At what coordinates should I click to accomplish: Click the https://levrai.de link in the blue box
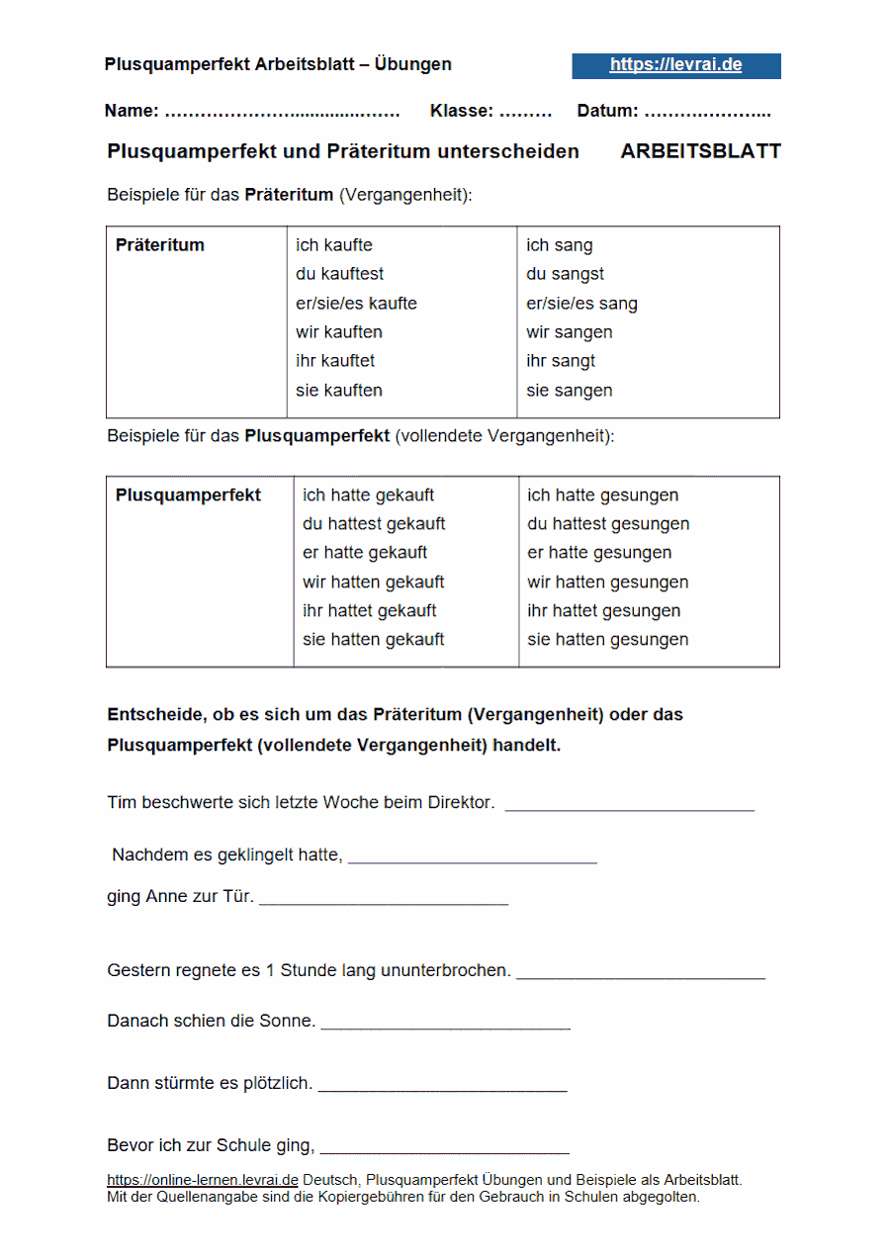[x=675, y=65]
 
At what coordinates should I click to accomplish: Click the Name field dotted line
[x=282, y=113]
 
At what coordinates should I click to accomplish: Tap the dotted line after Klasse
[x=525, y=113]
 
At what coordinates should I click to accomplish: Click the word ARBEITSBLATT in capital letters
[x=700, y=152]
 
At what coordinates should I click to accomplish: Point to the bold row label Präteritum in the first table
[x=160, y=245]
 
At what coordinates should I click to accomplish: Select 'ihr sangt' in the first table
[x=560, y=361]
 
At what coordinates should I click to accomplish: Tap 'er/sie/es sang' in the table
[x=581, y=304]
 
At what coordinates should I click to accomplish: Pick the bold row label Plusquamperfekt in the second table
[x=188, y=495]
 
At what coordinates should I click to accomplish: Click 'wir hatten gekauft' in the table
[x=373, y=583]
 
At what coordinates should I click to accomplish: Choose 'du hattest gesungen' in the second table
[x=608, y=524]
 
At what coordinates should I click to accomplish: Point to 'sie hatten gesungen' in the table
[x=607, y=640]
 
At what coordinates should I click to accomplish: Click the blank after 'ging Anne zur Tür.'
[x=384, y=902]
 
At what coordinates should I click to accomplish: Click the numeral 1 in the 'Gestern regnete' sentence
[x=270, y=971]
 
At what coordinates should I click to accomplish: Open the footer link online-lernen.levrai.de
[x=203, y=1180]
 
